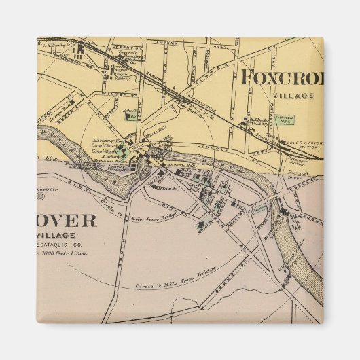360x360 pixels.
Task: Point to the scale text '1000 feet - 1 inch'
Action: (67, 254)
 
